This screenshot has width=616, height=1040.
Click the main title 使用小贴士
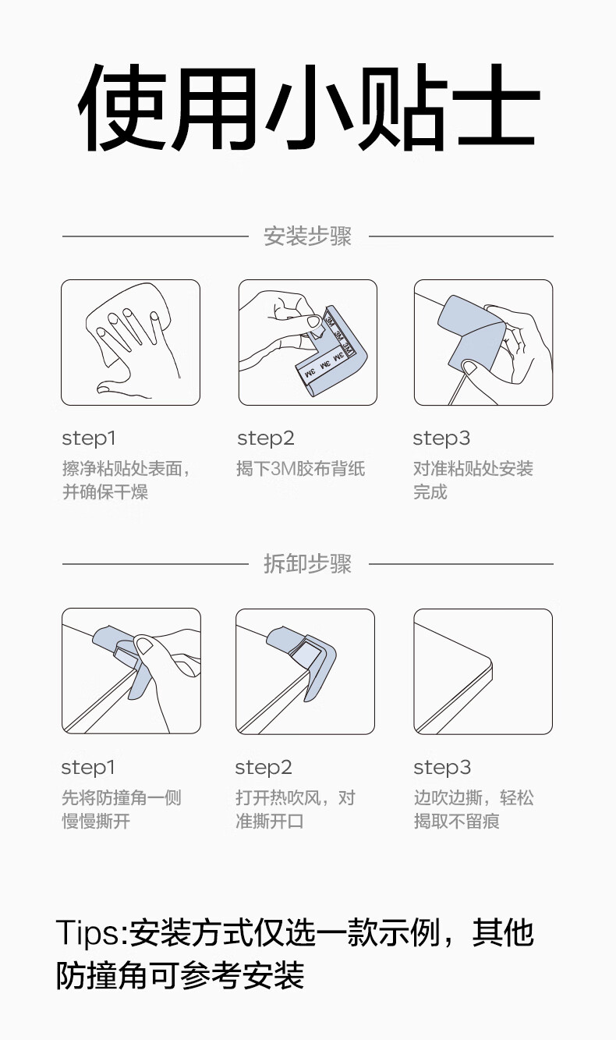tap(309, 108)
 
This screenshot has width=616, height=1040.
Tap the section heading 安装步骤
tap(308, 236)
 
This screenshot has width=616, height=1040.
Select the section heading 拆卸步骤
tap(308, 564)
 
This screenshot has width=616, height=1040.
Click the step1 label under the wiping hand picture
tap(89, 438)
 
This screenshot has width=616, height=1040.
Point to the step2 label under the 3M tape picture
tap(266, 438)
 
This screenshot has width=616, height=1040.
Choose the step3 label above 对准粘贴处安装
tap(441, 438)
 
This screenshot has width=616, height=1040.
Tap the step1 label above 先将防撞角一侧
tap(88, 768)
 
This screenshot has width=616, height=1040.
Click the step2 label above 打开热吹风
tap(264, 768)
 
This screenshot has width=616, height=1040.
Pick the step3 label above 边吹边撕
tap(442, 768)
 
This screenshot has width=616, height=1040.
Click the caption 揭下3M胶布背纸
tap(300, 468)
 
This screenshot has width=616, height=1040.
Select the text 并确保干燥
tap(105, 492)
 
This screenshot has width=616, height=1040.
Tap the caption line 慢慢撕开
tap(96, 821)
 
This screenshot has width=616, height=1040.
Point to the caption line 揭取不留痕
tap(457, 821)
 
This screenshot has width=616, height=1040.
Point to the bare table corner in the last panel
tap(490, 665)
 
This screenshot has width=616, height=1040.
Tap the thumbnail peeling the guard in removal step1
tap(145, 645)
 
